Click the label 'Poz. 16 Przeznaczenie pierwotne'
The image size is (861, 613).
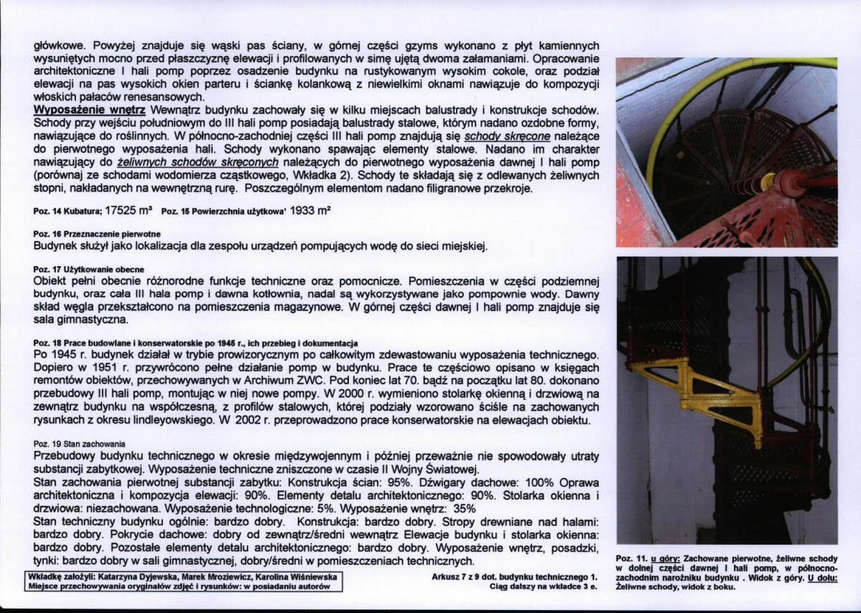[97, 235]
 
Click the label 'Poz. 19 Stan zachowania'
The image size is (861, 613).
[80, 445]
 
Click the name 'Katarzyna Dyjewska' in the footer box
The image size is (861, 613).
[139, 577]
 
